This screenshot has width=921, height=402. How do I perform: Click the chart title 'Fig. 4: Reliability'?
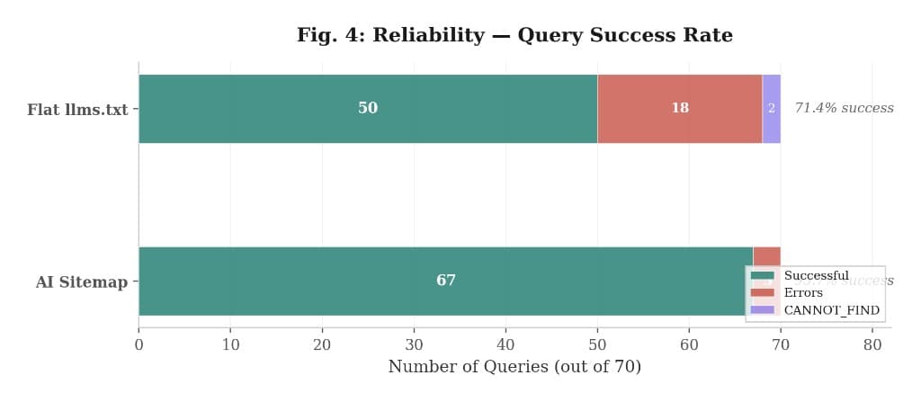coord(514,35)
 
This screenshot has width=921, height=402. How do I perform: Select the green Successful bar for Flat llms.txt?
coord(270,109)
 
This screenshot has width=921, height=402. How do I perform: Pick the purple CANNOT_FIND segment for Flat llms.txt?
coord(771,109)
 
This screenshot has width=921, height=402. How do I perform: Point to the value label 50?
coord(368,108)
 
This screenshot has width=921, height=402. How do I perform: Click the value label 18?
coord(680,108)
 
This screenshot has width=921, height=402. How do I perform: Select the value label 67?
coord(446,281)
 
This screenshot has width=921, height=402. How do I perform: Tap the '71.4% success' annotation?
coord(844,108)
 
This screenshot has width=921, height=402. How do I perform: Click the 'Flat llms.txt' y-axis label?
coord(77,110)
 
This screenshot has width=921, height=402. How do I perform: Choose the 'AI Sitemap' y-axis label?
coord(82,281)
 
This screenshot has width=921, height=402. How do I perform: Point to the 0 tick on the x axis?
coord(139,344)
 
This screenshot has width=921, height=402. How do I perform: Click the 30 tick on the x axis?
coord(414,344)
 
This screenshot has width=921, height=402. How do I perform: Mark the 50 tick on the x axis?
coord(597,344)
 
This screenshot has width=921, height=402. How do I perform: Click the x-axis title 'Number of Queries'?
coord(514,367)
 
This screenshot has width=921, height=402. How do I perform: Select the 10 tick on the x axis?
coord(230,344)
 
